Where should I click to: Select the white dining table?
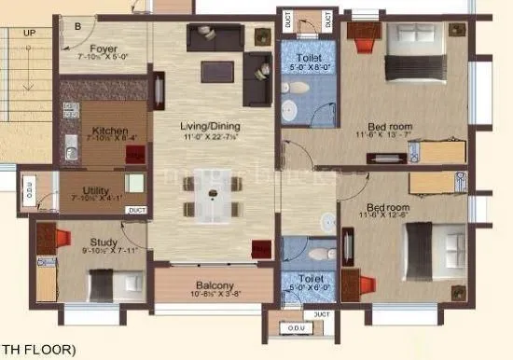[x=214, y=199]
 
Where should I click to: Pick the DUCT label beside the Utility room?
[x=137, y=210]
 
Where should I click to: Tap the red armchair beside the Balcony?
[x=262, y=249]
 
